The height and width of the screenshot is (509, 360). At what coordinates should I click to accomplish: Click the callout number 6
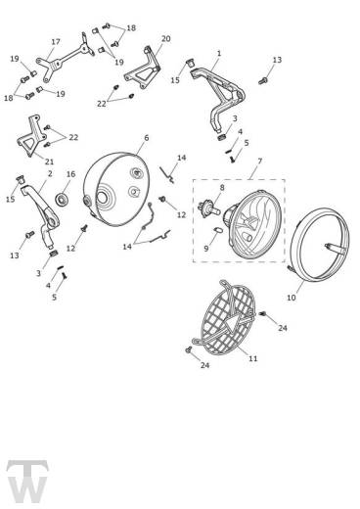(146, 138)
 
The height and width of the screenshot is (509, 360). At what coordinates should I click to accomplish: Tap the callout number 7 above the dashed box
(260, 161)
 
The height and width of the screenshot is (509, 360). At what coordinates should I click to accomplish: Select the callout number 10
(292, 298)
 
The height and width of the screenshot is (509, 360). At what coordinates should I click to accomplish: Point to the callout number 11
(253, 358)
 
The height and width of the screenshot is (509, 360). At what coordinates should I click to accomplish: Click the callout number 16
(70, 174)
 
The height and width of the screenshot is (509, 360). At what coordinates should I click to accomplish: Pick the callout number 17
(56, 42)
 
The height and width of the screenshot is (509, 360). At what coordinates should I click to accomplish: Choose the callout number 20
(166, 38)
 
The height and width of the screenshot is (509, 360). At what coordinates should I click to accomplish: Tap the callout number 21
(49, 162)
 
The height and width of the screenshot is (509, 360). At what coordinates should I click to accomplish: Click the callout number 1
(219, 53)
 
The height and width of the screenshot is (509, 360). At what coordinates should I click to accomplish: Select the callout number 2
(50, 174)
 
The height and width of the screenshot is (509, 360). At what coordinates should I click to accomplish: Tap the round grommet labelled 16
(62, 199)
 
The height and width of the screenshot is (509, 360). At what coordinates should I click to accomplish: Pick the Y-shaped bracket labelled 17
(66, 59)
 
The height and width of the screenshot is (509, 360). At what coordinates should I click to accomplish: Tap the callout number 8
(222, 188)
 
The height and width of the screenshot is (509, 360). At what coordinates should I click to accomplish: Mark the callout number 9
(206, 249)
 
